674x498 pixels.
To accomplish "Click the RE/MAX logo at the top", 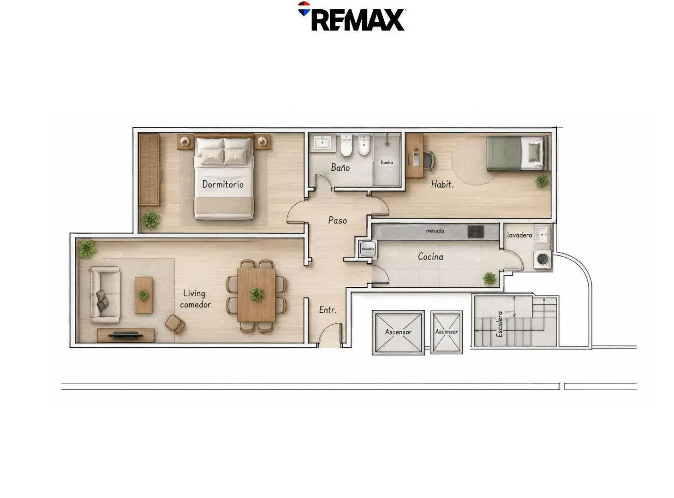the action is tap(351, 17).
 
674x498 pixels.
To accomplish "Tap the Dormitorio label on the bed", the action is tap(223, 184).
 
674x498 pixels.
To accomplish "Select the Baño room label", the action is tap(340, 167).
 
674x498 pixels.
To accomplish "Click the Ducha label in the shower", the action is tap(387, 163).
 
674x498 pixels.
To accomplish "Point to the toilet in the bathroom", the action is tap(346, 145).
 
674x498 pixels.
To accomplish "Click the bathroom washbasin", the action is tap(323, 143).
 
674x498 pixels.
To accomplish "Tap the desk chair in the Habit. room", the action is tap(429, 159).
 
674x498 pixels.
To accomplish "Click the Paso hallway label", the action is tap(337, 220).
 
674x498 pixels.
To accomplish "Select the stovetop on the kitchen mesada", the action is tap(476, 231).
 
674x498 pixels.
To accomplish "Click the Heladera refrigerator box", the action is tap(368, 249).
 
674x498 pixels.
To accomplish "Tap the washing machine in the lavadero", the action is tap(542, 259).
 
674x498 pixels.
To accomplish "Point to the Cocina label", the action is tap(430, 257).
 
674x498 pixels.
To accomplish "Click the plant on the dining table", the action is tap(256, 294).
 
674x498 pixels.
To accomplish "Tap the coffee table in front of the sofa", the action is tap(144, 295).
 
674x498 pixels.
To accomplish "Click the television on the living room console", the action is tap(125, 335).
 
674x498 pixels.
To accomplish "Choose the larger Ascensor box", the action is tap(398, 332).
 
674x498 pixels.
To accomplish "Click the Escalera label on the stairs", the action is tap(499, 324).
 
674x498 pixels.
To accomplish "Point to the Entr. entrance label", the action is tap(328, 309).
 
